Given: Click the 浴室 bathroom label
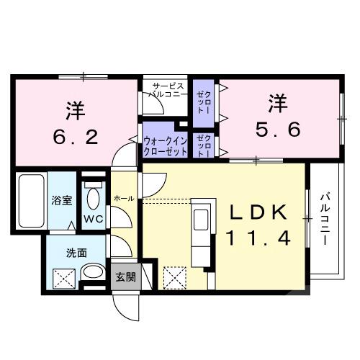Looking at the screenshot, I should pyautogui.click(x=61, y=201).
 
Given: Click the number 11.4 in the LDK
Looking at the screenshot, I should pyautogui.click(x=259, y=239).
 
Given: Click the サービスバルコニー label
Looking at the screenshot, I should pyautogui.click(x=167, y=89).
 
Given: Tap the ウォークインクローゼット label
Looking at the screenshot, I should pyautogui.click(x=166, y=146).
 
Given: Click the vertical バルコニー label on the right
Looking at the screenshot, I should pyautogui.click(x=325, y=218).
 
